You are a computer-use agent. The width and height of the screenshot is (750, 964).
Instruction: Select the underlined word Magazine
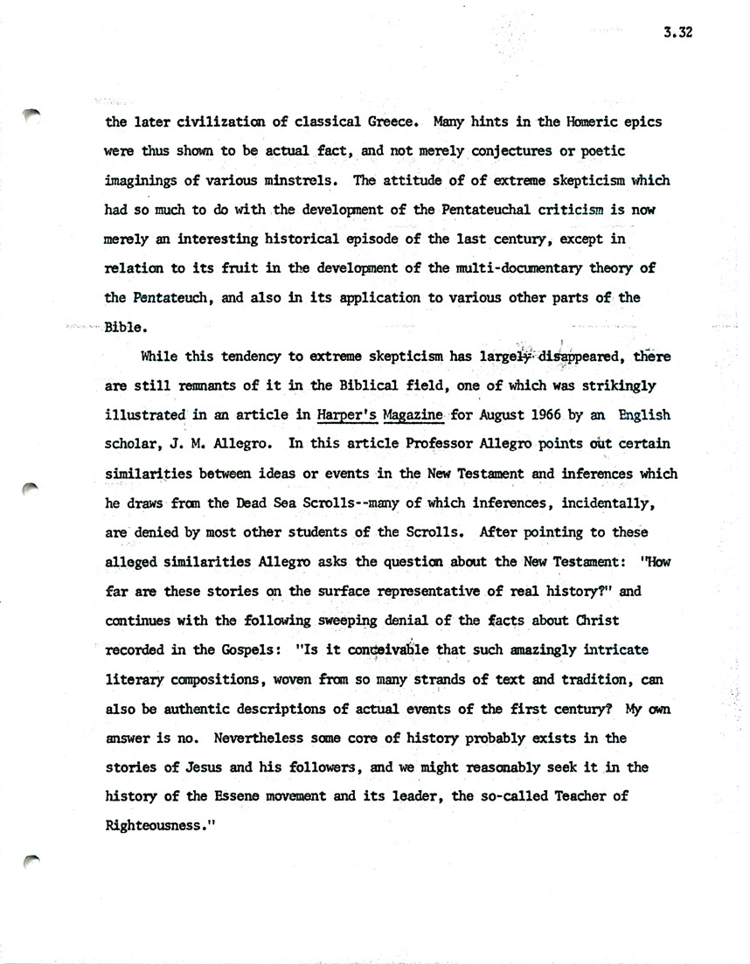pos(414,415)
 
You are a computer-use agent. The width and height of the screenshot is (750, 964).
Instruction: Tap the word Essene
pos(256,798)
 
